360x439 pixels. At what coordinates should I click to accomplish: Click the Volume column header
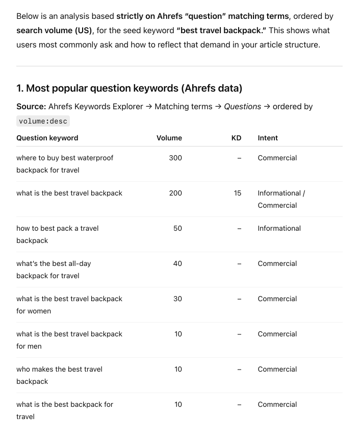coord(169,138)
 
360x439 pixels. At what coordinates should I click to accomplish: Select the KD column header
coord(236,138)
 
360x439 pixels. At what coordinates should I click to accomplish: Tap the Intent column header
coord(268,138)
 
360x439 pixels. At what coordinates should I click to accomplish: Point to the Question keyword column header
coord(47,138)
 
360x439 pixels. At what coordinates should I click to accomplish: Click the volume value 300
coord(175,158)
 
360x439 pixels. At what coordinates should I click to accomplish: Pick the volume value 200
coord(175,193)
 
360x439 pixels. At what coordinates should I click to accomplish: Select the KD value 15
coord(238,193)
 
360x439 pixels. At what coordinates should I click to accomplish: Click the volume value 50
coord(177,228)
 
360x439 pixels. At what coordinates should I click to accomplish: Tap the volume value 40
coord(177,263)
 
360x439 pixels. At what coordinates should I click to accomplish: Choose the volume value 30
coord(177,299)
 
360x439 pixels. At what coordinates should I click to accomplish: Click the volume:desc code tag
coord(43,121)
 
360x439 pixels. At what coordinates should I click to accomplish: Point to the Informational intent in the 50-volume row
coord(279,228)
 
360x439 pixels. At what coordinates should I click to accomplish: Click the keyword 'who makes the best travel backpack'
coord(59,375)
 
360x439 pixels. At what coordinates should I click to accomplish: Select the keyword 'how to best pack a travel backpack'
coord(57,234)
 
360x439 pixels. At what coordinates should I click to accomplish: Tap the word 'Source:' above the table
coord(31,106)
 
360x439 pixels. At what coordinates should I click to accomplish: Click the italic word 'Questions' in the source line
coord(242,106)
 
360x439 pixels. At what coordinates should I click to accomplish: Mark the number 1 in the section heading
coord(19,88)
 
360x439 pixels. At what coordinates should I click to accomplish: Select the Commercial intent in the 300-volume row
coord(277,158)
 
